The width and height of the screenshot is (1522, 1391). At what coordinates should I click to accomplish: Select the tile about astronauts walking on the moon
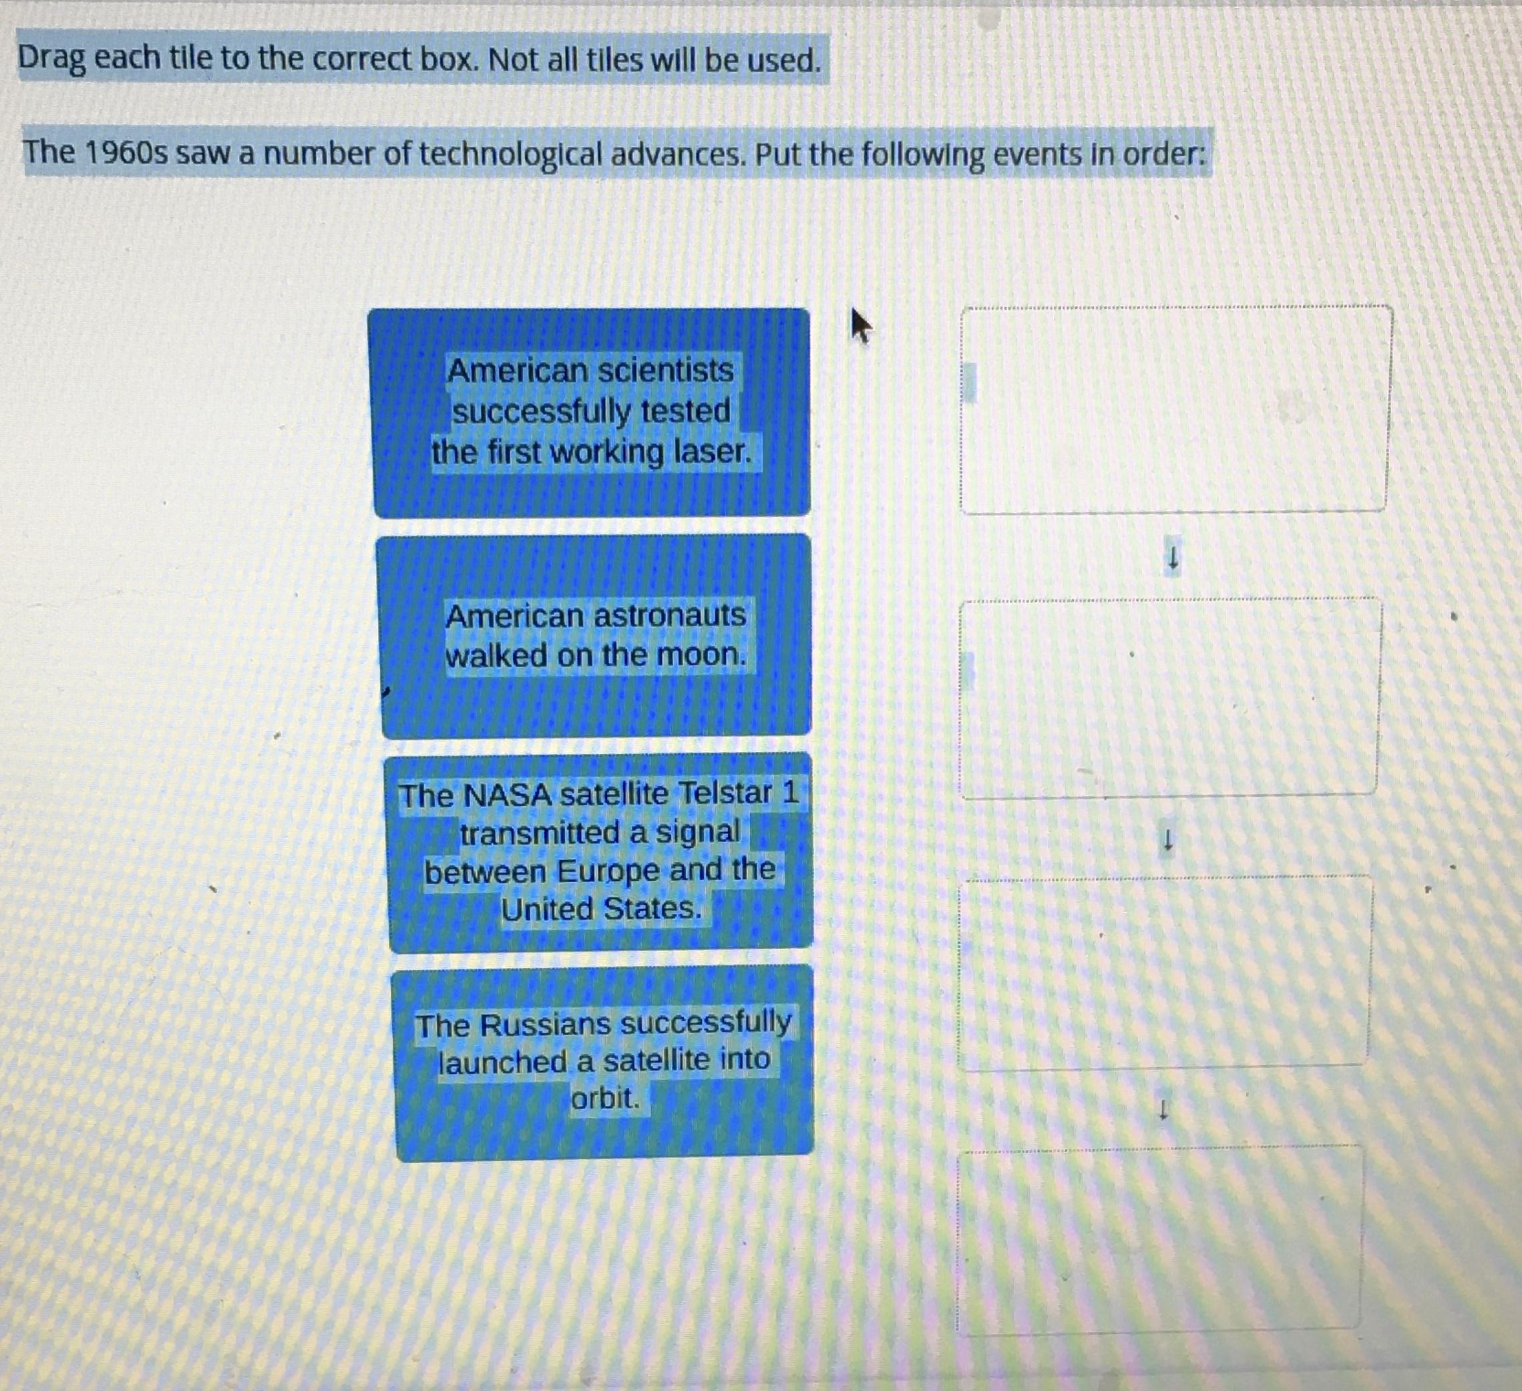pyautogui.click(x=596, y=636)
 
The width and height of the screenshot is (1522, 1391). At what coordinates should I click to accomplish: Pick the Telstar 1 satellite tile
pyautogui.click(x=600, y=851)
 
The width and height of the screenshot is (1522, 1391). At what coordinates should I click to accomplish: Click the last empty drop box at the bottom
pyautogui.click(x=1161, y=1238)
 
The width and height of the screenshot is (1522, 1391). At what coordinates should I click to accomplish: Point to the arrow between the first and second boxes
pyautogui.click(x=1173, y=559)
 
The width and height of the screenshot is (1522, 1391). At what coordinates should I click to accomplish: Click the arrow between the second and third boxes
pyautogui.click(x=1167, y=840)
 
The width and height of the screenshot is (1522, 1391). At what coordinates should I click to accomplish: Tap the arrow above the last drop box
pyautogui.click(x=1163, y=1109)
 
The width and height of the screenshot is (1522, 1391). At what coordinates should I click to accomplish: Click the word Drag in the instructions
pyautogui.click(x=51, y=59)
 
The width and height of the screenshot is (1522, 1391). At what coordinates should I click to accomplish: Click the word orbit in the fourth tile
pyautogui.click(x=606, y=1098)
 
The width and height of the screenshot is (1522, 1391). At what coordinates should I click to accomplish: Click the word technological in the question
pyautogui.click(x=511, y=154)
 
